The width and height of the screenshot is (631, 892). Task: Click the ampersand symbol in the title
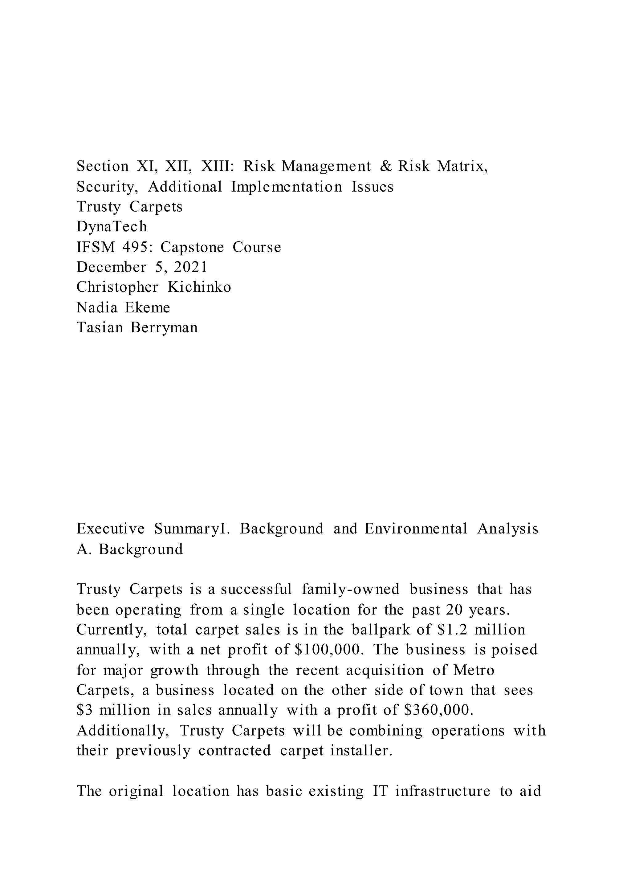(x=385, y=166)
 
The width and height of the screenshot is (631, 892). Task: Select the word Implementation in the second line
(x=287, y=187)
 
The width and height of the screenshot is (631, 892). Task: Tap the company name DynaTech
(x=112, y=226)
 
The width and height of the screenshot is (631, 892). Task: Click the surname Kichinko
(x=199, y=287)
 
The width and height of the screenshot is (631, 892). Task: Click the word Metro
(x=474, y=670)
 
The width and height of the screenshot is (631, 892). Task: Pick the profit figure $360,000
(x=439, y=710)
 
